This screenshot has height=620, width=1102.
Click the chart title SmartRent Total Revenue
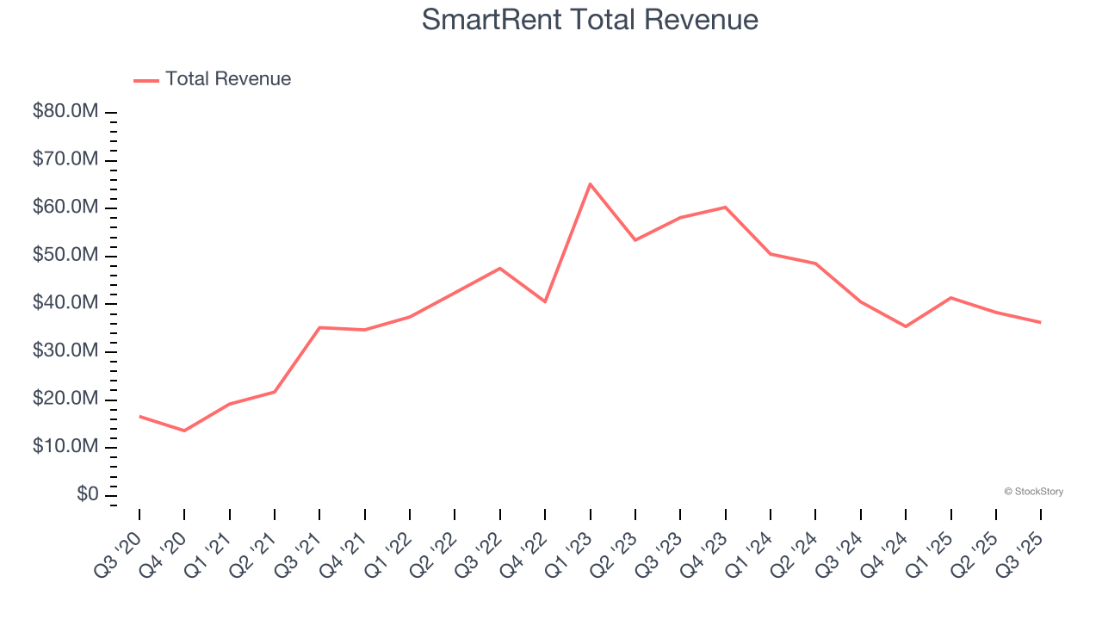pyautogui.click(x=590, y=20)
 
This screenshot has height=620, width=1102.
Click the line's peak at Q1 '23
pyautogui.click(x=590, y=183)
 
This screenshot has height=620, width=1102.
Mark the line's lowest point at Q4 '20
pyautogui.click(x=184, y=431)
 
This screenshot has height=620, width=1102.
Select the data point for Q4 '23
pyautogui.click(x=725, y=207)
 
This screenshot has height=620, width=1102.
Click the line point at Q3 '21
pyautogui.click(x=319, y=327)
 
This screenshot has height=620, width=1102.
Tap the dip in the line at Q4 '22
pyautogui.click(x=545, y=301)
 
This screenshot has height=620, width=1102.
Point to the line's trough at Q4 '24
pyautogui.click(x=906, y=326)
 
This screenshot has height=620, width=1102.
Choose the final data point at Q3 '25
pyautogui.click(x=1040, y=322)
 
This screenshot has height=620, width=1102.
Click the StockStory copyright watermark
pyautogui.click(x=1033, y=492)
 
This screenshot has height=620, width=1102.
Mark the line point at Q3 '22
pyautogui.click(x=499, y=268)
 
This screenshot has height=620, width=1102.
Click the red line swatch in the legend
pyautogui.click(x=146, y=80)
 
